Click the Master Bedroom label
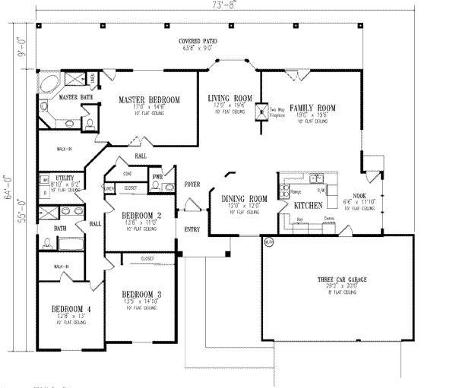148,100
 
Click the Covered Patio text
195,40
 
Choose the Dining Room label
242,200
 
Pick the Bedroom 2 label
142,216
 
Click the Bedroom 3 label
141,294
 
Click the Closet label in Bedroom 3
147,259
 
